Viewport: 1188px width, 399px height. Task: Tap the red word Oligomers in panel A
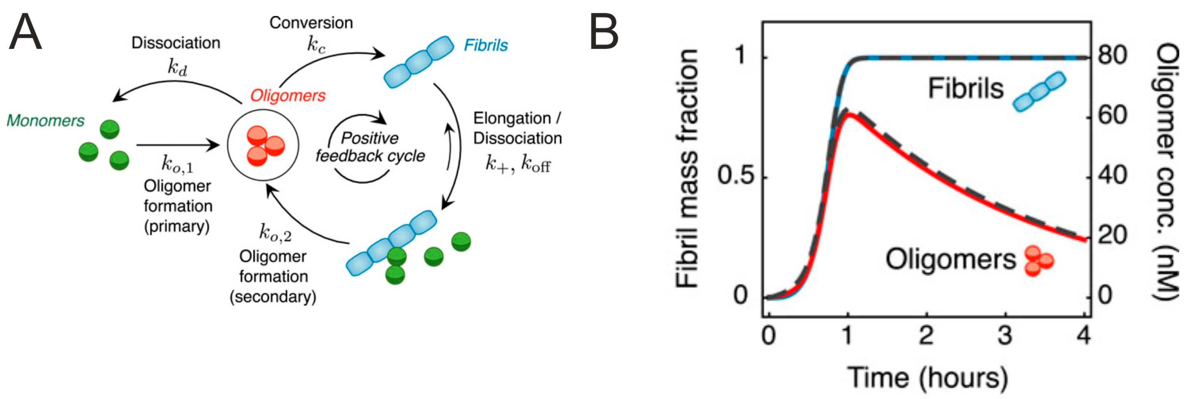pos(288,95)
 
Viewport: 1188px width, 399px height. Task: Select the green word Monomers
pos(45,120)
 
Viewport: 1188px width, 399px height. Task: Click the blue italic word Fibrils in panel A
pos(485,45)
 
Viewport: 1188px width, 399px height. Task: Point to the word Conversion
pos(311,23)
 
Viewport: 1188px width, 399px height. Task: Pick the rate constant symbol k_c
pos(316,45)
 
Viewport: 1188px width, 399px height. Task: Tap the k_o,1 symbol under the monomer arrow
pos(177,164)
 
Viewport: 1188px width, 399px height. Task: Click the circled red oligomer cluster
pos(263,145)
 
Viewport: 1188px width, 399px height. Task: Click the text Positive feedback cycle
pos(370,147)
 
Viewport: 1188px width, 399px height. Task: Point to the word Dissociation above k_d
pos(176,43)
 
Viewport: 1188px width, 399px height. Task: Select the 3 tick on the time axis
pos(1004,335)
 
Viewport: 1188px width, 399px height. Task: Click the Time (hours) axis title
pos(927,378)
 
